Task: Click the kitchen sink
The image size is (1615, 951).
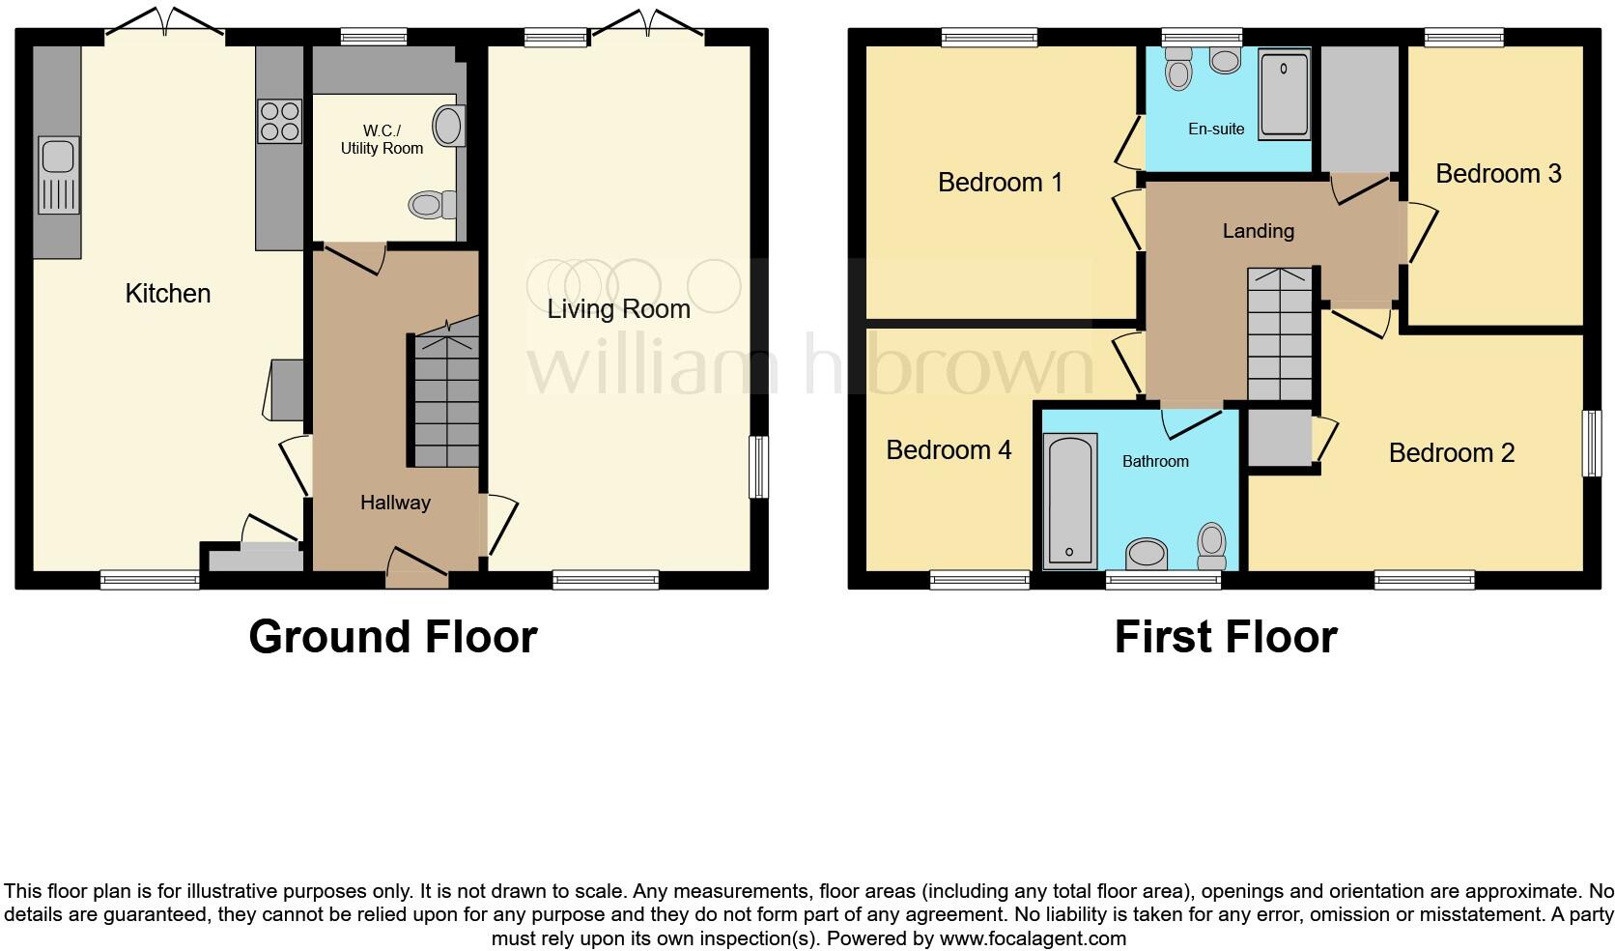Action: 59,174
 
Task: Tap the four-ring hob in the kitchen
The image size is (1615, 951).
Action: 279,122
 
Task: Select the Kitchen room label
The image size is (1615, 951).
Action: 168,294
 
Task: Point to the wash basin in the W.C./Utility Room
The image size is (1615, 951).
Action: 447,126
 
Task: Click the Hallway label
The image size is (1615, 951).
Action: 395,503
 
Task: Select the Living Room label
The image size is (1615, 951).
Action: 618,309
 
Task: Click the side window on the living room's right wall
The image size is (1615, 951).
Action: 759,467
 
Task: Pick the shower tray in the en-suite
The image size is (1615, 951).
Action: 1284,94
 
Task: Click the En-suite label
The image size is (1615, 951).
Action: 1216,129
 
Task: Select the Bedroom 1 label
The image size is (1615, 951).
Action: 1000,183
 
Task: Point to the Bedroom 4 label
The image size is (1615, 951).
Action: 949,450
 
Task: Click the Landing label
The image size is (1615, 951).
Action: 1258,231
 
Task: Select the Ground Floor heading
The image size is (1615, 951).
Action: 392,637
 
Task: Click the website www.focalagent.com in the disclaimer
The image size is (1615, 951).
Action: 1032,937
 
